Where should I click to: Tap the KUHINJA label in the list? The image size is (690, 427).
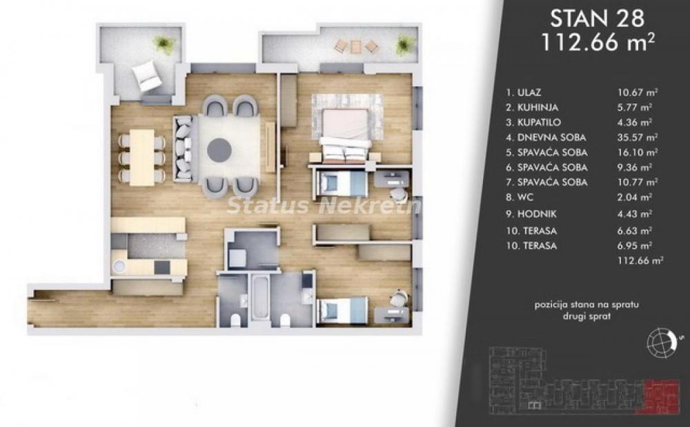532,107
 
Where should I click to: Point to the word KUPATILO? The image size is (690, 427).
534,122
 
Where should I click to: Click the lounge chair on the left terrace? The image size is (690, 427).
147,75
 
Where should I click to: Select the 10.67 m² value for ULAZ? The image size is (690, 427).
635,92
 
